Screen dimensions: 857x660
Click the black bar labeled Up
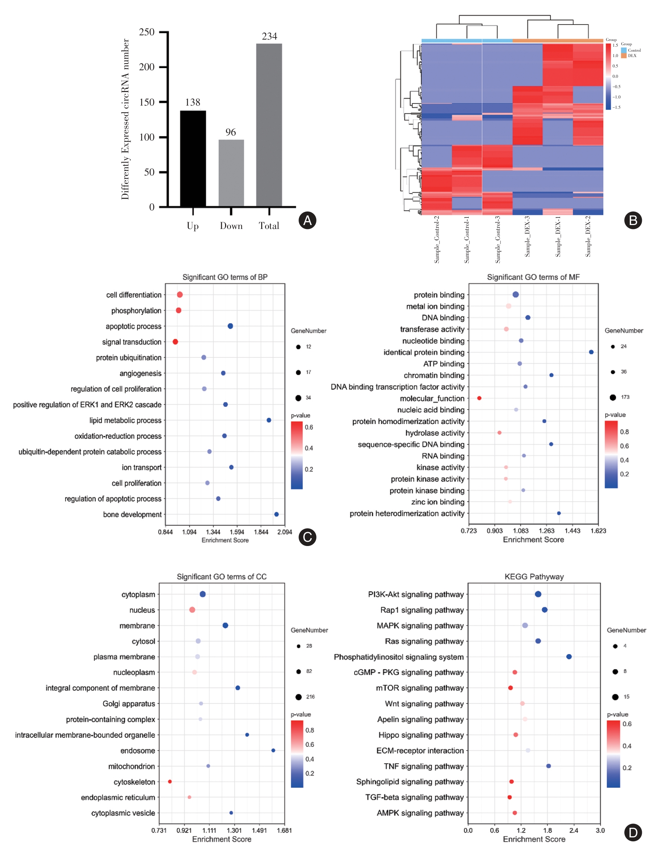click(193, 159)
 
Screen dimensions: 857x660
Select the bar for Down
click(231, 173)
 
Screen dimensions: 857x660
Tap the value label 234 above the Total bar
click(269, 36)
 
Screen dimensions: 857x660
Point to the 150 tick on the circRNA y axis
click(147, 102)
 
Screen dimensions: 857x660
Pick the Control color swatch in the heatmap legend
click(624, 50)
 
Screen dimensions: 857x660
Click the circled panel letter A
click(308, 220)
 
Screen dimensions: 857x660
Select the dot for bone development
click(276, 514)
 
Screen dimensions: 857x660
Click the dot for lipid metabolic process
click(269, 420)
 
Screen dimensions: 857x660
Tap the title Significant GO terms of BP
click(225, 277)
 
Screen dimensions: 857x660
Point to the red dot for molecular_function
click(479, 398)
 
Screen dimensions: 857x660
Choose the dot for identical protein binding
click(591, 352)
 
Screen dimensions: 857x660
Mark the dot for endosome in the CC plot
click(273, 750)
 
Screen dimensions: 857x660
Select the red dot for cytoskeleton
click(169, 782)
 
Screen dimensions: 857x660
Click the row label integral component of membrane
click(100, 688)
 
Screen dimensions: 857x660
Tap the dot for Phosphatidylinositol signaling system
click(569, 657)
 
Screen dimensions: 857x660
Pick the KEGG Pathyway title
click(534, 576)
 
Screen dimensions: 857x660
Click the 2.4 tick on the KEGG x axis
click(574, 830)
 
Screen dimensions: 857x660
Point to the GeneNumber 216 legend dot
click(298, 697)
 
